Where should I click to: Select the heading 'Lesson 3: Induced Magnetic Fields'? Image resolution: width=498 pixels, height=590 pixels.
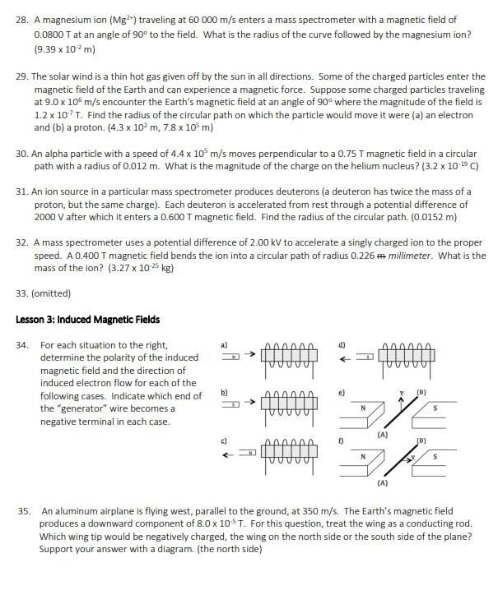coord(87,320)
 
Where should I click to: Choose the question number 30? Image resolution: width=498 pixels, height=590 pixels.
coord(22,154)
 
